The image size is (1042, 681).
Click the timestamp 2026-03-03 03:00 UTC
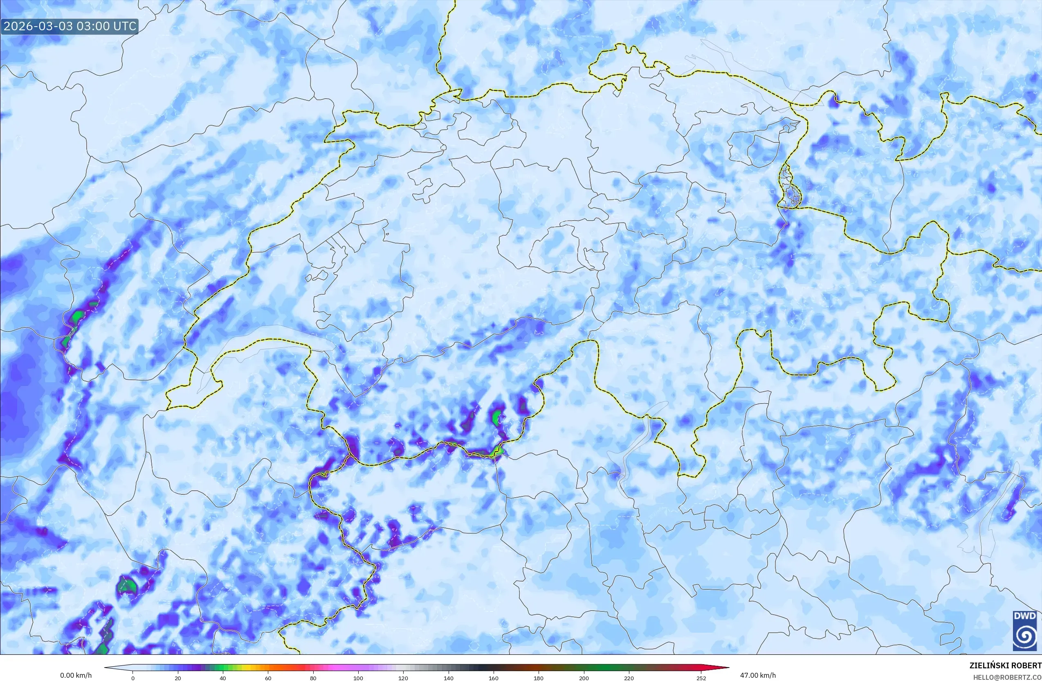pyautogui.click(x=70, y=26)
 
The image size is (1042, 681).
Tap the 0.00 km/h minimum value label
pyautogui.click(x=76, y=675)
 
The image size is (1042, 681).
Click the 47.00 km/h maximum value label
pyautogui.click(x=758, y=675)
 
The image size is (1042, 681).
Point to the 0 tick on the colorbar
pyautogui.click(x=133, y=678)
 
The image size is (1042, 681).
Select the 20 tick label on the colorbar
pyautogui.click(x=178, y=678)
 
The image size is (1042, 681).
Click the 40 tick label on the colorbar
pyautogui.click(x=223, y=678)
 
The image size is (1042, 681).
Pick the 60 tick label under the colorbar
pyautogui.click(x=268, y=678)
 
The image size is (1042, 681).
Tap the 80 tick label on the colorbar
pyautogui.click(x=313, y=678)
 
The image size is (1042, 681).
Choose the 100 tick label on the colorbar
pyautogui.click(x=358, y=678)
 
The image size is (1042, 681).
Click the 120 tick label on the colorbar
pyautogui.click(x=403, y=678)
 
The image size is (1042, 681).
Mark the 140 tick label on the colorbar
pyautogui.click(x=448, y=678)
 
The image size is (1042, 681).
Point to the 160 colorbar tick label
pyautogui.click(x=494, y=678)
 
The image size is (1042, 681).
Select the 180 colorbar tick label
pyautogui.click(x=539, y=678)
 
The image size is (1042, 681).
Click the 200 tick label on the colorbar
pyautogui.click(x=584, y=678)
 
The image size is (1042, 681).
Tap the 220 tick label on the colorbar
pyautogui.click(x=629, y=678)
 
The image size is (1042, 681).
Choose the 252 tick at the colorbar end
pyautogui.click(x=701, y=678)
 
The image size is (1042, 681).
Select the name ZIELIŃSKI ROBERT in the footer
pyautogui.click(x=1005, y=665)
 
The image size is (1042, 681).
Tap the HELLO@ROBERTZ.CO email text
pyautogui.click(x=1007, y=676)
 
